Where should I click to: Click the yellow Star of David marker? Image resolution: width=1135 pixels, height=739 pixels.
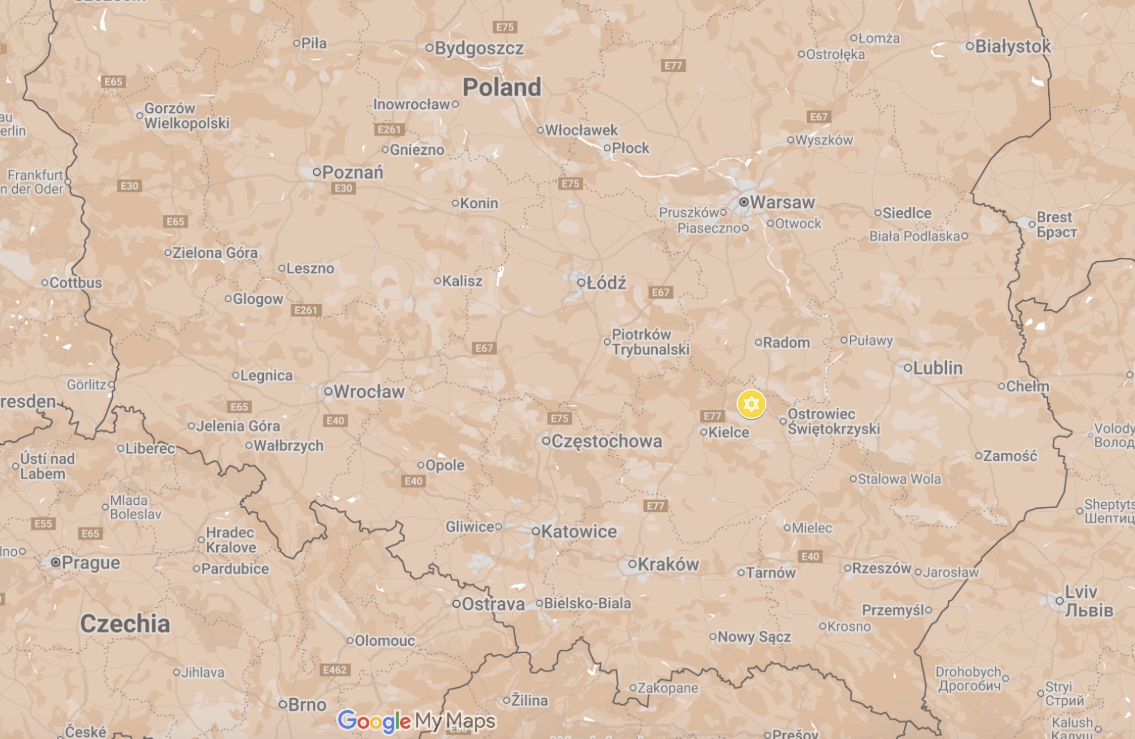click(751, 404)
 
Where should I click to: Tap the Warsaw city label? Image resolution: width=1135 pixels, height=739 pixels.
click(782, 203)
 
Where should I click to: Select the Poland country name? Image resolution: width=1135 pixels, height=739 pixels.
click(502, 87)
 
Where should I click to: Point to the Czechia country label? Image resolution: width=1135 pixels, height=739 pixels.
click(125, 624)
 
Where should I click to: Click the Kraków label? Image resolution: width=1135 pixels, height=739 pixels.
click(668, 565)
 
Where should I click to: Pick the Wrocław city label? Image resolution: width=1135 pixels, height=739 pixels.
click(369, 392)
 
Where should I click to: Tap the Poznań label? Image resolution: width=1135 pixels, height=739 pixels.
click(352, 172)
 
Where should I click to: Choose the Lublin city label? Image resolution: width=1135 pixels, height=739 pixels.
click(937, 368)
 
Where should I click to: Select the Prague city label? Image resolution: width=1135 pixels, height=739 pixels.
click(91, 563)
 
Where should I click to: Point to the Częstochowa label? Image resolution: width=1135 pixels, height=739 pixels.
click(607, 441)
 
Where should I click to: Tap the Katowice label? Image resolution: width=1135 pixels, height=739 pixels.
click(578, 532)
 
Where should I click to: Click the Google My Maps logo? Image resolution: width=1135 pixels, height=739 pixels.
click(416, 721)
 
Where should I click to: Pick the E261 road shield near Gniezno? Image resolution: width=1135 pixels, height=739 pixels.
click(389, 129)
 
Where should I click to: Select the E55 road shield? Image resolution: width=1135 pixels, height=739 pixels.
click(43, 524)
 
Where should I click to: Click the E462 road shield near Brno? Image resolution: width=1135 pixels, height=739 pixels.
click(335, 670)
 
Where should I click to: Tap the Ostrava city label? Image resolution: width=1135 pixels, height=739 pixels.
click(493, 604)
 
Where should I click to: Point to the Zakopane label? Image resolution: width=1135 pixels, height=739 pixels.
click(668, 688)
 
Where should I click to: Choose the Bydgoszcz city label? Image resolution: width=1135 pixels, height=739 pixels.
click(479, 48)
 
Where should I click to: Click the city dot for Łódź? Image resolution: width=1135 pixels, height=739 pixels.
click(581, 283)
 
